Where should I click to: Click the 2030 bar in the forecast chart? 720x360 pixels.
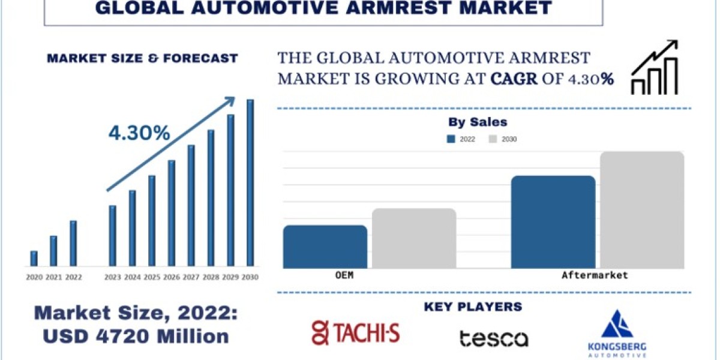click(x=250, y=182)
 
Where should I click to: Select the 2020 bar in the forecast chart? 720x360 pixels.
click(x=34, y=259)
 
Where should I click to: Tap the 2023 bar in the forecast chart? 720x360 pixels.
click(x=113, y=236)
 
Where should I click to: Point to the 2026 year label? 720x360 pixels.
click(x=172, y=277)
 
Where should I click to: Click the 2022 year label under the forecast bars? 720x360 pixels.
click(x=74, y=277)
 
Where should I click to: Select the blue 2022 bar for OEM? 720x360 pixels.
click(x=325, y=247)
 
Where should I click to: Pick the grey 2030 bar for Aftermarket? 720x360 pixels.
click(x=642, y=210)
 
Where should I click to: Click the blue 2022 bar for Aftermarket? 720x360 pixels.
click(x=553, y=222)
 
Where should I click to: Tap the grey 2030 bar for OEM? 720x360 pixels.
click(x=414, y=238)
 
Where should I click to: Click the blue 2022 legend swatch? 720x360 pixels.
click(x=451, y=139)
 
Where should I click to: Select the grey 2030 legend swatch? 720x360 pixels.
click(x=493, y=139)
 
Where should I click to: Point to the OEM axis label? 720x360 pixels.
click(x=344, y=275)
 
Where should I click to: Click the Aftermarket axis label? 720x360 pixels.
click(x=595, y=275)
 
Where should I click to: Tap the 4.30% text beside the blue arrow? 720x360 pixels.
click(x=139, y=133)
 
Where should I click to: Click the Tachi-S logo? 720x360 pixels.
click(x=356, y=332)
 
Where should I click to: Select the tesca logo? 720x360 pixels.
click(x=494, y=339)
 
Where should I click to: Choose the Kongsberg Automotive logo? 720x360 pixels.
click(x=617, y=334)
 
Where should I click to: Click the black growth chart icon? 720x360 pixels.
click(x=655, y=67)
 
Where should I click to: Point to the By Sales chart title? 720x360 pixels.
click(x=478, y=122)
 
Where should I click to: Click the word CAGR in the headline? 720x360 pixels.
click(x=514, y=79)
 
